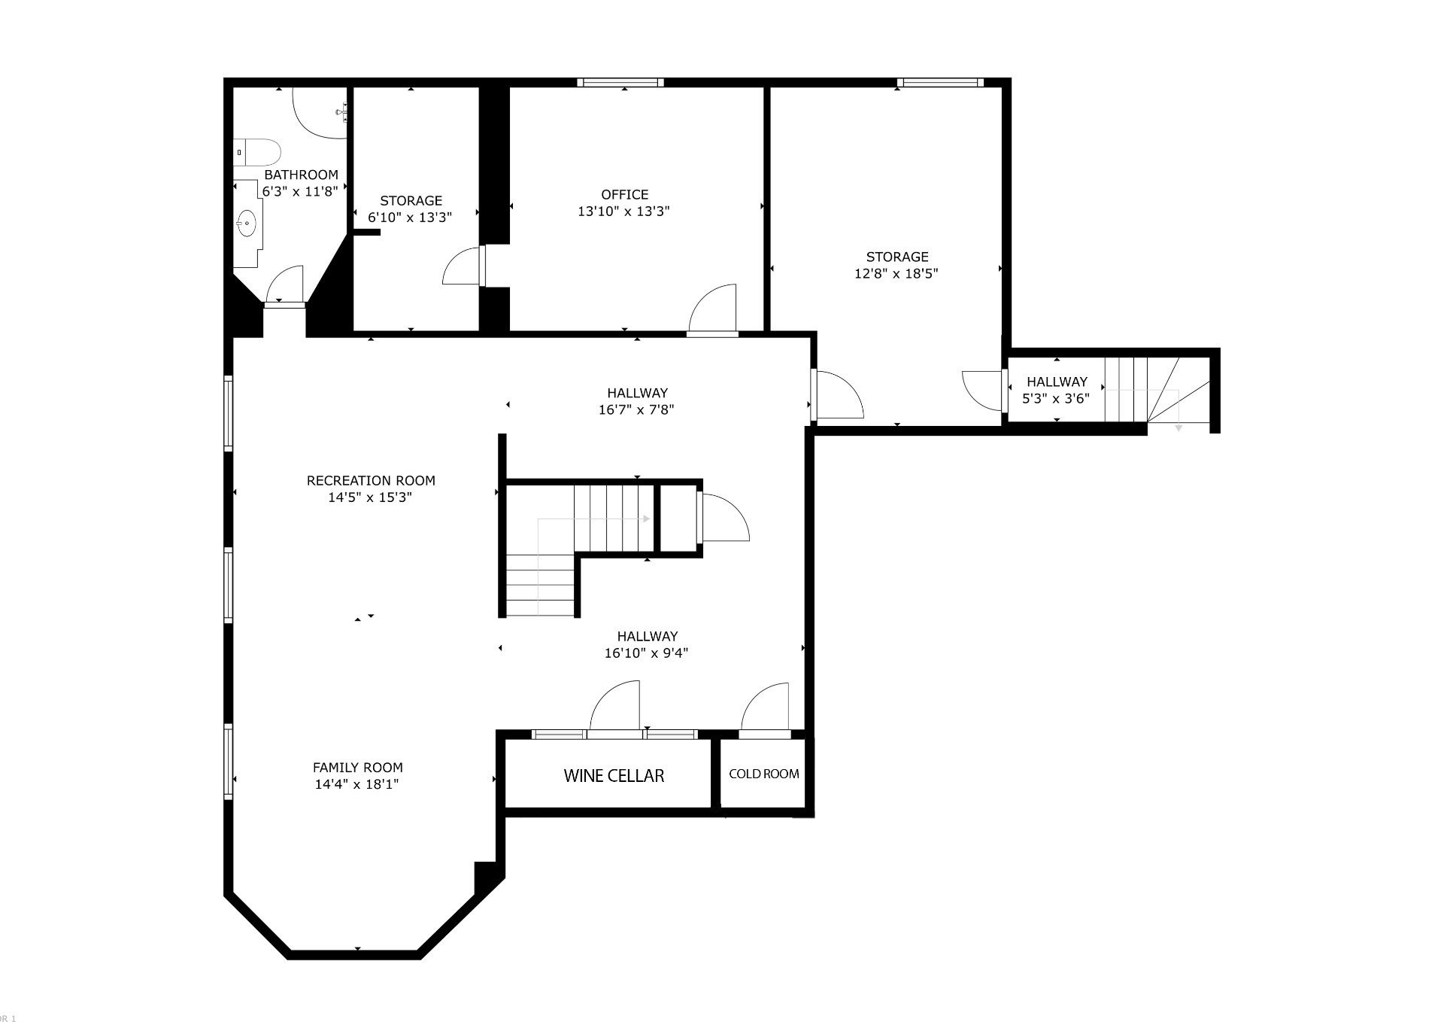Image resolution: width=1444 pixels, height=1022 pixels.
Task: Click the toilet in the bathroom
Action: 256,152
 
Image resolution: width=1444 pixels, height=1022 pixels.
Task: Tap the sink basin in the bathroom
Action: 247,224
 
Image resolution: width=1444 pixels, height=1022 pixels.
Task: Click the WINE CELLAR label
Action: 614,776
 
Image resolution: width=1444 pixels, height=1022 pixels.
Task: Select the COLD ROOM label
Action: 764,774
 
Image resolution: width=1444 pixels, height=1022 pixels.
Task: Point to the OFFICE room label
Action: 624,195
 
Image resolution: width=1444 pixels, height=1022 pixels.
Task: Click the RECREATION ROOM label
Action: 371,481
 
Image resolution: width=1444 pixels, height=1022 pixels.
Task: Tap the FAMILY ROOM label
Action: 358,768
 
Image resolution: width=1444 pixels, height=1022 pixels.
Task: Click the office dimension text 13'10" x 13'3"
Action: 623,211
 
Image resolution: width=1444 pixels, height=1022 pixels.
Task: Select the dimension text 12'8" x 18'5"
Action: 896,274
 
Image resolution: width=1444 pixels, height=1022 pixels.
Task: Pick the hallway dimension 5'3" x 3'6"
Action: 1056,399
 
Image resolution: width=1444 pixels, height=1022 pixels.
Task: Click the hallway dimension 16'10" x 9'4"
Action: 646,653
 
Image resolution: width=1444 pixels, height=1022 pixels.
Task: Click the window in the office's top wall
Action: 620,83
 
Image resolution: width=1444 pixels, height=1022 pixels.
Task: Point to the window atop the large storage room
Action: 940,83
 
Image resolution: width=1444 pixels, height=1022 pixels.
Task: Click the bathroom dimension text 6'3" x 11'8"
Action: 300,192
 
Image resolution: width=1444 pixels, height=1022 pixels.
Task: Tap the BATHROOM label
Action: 301,175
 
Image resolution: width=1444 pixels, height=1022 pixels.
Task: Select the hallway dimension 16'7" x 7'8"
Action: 636,410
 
